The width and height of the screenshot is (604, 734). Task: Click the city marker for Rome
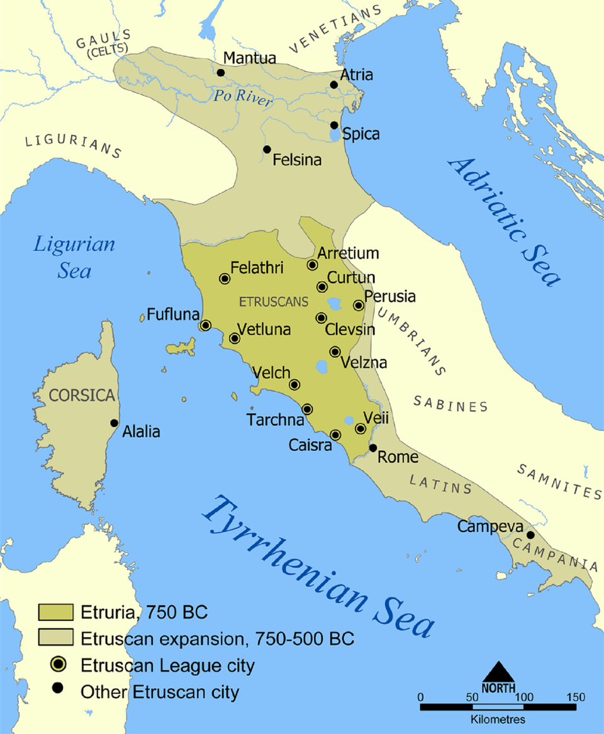coord(372,448)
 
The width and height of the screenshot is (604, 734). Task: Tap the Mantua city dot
coord(221,72)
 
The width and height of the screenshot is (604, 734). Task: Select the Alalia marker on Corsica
coord(114,423)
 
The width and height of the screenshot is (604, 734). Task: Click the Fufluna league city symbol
coord(205,325)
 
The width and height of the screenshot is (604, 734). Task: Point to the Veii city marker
coord(361,428)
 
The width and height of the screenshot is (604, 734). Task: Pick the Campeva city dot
coord(530,535)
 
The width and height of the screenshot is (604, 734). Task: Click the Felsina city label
coord(296,160)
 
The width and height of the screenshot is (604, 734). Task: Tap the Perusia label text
coord(390,296)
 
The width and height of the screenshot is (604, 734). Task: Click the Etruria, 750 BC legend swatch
coord(57,611)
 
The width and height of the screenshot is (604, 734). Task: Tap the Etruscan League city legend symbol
coord(57,664)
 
